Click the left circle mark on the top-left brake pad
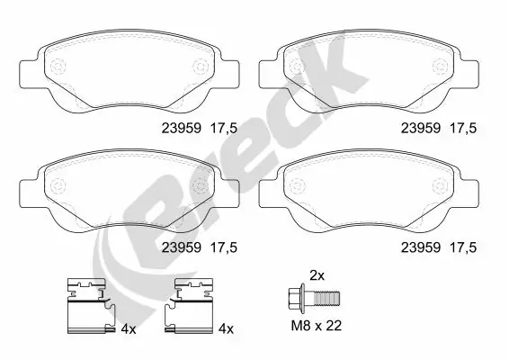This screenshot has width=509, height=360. tap(60, 66)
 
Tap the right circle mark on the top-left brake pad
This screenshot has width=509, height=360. tap(201, 66)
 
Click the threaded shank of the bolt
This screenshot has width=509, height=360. tap(329, 297)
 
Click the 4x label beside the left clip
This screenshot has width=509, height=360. tap(128, 330)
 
